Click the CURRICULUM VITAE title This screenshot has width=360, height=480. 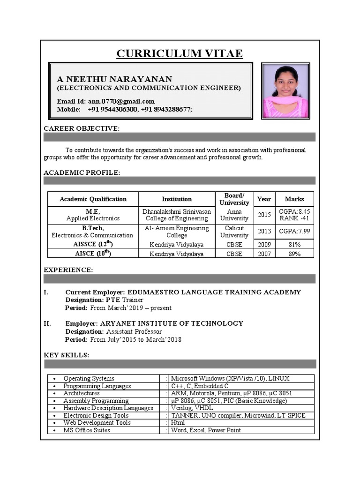click(180, 53)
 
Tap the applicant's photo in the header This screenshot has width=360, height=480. click(285, 91)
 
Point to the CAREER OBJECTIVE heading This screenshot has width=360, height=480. click(82, 128)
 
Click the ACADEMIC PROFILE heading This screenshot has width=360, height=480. click(82, 172)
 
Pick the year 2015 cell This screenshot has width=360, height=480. click(264, 215)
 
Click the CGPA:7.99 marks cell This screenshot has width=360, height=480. click(294, 232)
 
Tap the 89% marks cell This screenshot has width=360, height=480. click(294, 254)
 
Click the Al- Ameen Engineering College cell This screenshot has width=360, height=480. click(177, 232)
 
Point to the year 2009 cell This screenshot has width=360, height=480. click(264, 244)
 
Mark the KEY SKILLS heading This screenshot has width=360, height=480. click(66, 355)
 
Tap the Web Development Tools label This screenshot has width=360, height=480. click(97, 422)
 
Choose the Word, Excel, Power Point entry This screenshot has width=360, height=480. click(206, 430)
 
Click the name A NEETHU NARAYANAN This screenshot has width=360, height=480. click(115, 79)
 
